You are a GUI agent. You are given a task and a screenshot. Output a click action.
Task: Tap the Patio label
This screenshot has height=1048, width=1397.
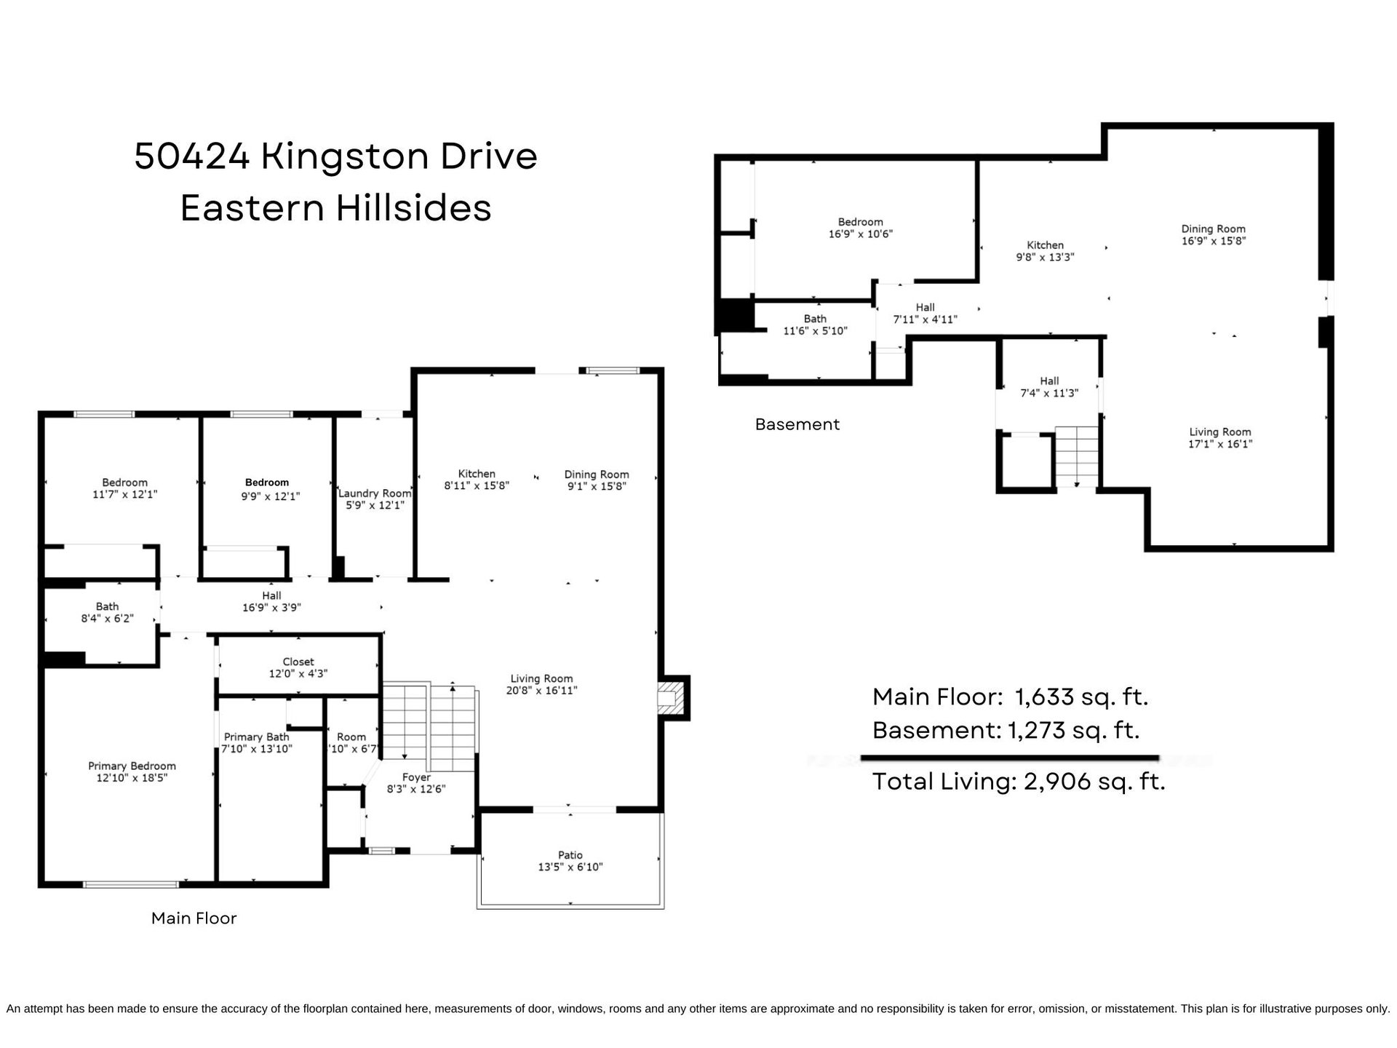570,855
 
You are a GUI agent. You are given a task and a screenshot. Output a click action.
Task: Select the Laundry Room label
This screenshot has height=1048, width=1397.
375,493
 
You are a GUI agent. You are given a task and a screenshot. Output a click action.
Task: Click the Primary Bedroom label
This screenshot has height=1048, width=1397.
132,766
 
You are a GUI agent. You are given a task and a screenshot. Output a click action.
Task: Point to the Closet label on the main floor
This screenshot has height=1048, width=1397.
298,662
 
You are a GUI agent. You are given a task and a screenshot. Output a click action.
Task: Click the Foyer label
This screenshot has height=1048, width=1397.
416,777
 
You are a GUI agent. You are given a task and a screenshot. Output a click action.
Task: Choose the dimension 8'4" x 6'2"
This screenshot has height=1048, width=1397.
107,619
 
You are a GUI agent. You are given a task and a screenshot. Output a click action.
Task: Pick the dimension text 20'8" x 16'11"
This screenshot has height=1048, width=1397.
541,691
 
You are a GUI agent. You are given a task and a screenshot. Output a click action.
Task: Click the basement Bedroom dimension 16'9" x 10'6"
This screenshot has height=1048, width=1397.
861,234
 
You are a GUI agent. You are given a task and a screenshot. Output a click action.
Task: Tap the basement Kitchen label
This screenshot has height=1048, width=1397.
1045,245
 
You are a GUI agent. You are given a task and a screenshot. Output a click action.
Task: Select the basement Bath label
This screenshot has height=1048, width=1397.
815,319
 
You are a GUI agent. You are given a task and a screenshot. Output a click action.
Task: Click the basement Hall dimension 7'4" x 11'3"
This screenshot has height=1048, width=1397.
1049,393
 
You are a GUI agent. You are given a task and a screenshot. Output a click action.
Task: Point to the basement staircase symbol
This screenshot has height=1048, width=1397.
1076,456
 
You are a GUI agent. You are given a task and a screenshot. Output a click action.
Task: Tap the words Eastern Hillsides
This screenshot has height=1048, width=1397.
336,208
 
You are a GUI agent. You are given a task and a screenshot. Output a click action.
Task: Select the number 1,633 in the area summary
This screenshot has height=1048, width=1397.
1045,698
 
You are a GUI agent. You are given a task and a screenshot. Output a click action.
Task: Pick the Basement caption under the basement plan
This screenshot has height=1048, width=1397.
797,424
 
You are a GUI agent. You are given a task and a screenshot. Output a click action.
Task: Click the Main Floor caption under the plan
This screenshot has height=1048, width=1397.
194,918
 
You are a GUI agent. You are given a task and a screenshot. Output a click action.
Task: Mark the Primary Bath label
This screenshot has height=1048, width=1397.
256,737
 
